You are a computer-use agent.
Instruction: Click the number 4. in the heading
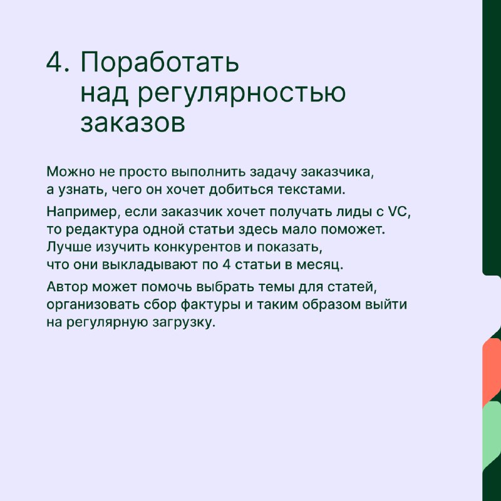[58, 61]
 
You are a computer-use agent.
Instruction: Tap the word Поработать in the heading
[160, 63]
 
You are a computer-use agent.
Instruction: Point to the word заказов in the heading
[133, 123]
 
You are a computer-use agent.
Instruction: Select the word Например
[83, 212]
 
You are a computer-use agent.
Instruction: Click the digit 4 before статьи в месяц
[226, 265]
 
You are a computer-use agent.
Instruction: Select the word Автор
[67, 287]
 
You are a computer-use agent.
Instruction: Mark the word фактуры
[210, 305]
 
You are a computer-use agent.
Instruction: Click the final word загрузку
[182, 323]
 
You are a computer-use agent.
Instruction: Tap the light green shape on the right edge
[492, 435]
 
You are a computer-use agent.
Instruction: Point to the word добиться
[241, 190]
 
